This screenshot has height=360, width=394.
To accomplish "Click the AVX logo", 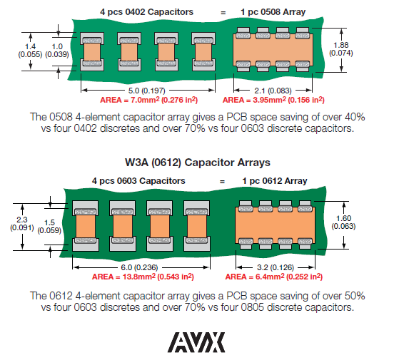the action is [196, 342].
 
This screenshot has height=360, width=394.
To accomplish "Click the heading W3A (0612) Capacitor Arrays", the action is [198, 163].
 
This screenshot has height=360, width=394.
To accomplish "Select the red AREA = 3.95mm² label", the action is [254, 100].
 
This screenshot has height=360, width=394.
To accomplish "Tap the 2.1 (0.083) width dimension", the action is [273, 91].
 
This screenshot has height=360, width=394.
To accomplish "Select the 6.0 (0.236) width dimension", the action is [139, 267].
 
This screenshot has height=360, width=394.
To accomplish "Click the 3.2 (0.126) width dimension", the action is [276, 267].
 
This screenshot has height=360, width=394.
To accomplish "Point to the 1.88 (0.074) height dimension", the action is [341, 49].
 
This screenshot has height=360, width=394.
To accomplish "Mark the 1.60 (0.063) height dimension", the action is [343, 222].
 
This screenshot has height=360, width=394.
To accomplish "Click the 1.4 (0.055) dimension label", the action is [30, 51].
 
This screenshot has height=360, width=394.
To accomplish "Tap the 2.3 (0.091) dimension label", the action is [22, 224].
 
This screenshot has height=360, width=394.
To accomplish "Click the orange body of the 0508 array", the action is [273, 50].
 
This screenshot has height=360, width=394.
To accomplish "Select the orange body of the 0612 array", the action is [275, 225].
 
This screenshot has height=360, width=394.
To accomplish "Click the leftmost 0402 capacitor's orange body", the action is [92, 52].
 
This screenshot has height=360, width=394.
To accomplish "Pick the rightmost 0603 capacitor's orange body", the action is [197, 226].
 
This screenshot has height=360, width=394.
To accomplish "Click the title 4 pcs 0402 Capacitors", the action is [147, 12].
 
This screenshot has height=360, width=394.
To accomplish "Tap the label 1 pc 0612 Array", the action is [275, 181].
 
